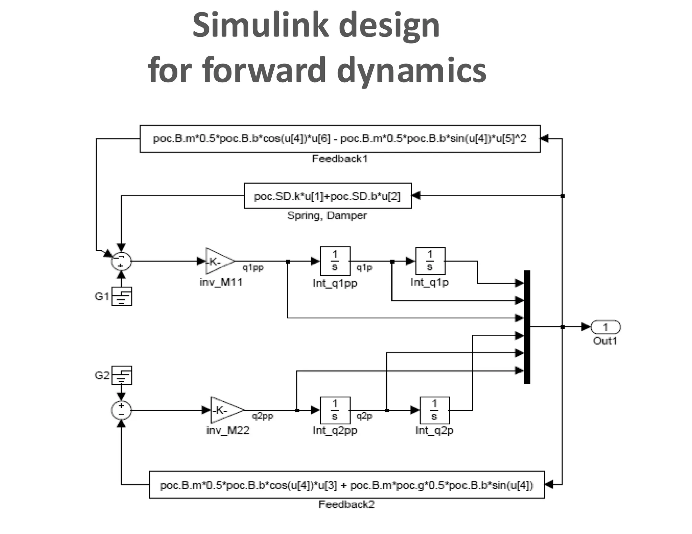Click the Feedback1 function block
coord(340,139)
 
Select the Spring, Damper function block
coord(327,196)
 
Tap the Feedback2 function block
coord(346,485)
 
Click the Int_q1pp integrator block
coord(335,261)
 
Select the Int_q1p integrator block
coord(430,261)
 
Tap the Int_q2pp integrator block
coord(335,410)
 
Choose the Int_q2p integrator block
coord(434,410)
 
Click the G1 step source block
coord(122,296)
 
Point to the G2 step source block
coord(122,375)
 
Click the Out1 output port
coord(605,327)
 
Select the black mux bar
coord(527,327)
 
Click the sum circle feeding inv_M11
coord(121,261)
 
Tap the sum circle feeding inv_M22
coord(121,410)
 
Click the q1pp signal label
coord(253,268)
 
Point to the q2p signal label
coord(364,416)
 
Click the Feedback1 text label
coord(340,159)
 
